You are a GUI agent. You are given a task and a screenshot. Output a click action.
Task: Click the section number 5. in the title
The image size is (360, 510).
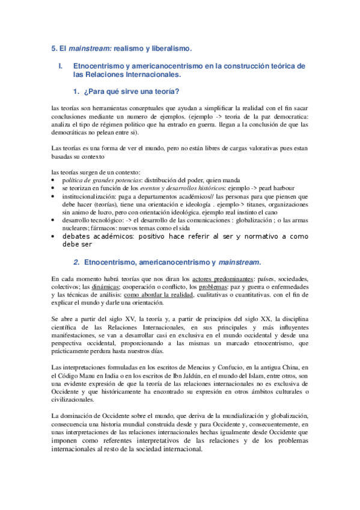(54, 47)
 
